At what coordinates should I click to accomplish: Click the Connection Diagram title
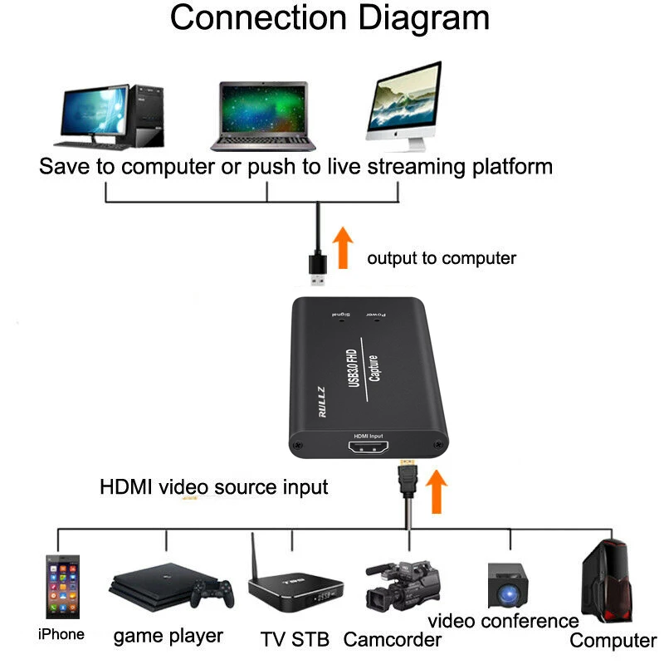tap(330, 18)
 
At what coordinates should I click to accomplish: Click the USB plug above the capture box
tap(317, 266)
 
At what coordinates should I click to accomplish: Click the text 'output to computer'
tap(442, 258)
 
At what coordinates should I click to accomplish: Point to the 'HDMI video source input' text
tap(214, 487)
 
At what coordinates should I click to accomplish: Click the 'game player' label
tap(168, 636)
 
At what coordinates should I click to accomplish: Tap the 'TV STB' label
tap(295, 639)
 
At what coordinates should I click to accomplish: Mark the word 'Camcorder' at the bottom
tap(393, 639)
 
